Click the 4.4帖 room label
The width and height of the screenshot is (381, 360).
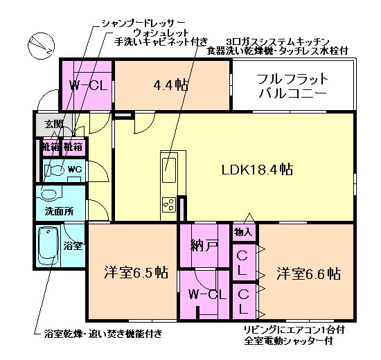coord(170,85)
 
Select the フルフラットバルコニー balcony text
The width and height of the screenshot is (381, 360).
coord(292,85)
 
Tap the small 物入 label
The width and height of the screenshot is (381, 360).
coord(243,232)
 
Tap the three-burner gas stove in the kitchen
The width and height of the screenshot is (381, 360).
coord(168,204)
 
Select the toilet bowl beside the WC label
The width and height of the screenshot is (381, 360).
coord(55,170)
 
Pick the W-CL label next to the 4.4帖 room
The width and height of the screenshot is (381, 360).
coord(88,85)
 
